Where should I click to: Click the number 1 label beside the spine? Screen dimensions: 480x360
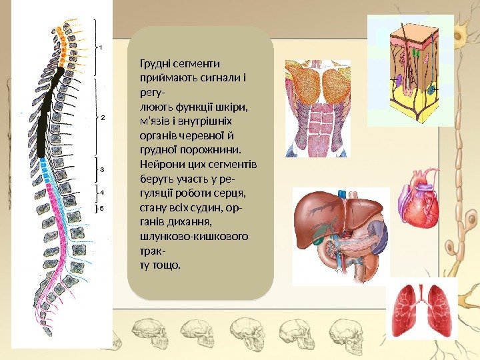pos(101,47)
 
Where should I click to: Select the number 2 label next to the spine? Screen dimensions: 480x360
pos(103,117)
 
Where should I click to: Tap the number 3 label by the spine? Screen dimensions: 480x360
pos(102,170)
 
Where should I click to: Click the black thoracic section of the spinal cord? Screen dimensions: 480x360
pos(46,113)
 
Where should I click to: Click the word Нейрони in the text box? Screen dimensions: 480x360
pos(157,164)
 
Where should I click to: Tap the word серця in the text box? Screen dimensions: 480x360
pos(232,193)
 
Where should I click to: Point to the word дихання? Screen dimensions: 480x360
pos(191,221)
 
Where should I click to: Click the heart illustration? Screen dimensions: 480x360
pos(419,198)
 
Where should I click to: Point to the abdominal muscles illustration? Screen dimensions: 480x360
pos(317,108)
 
